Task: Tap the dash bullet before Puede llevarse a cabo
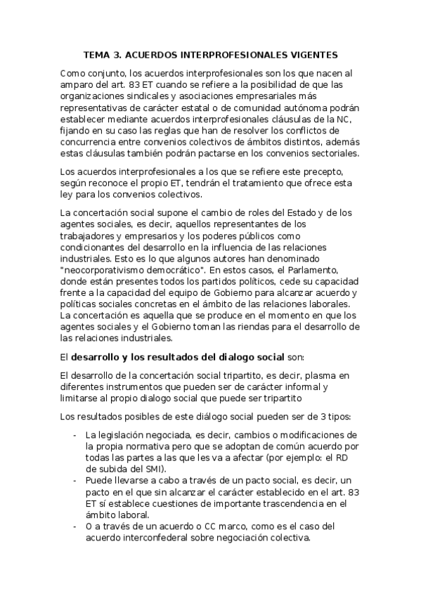pos(75,480)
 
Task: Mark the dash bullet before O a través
pos(75,526)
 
